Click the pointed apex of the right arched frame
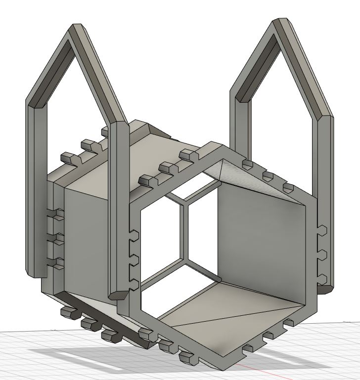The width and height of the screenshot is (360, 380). click(281, 22)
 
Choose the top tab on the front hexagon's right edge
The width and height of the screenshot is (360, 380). click(321, 230)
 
